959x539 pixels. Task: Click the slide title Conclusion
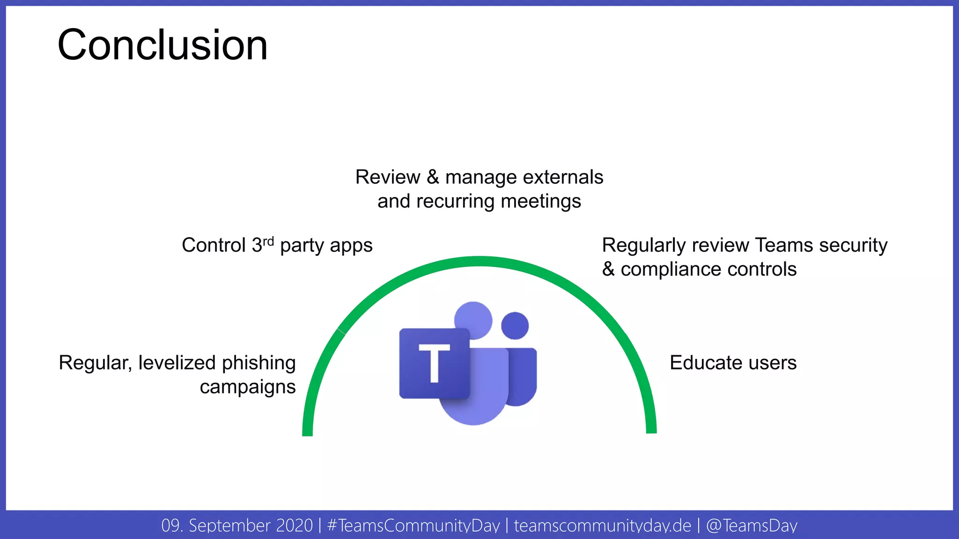pos(162,45)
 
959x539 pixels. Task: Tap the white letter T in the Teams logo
pos(434,363)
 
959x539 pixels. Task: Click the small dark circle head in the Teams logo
pos(515,326)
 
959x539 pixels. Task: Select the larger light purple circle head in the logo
pos(473,320)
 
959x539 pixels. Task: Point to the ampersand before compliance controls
pos(608,269)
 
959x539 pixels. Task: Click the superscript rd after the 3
pos(268,241)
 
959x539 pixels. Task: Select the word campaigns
pos(248,387)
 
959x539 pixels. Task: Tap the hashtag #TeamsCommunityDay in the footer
pos(413,525)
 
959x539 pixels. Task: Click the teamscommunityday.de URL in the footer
pos(602,525)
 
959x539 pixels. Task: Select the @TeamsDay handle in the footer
pos(751,525)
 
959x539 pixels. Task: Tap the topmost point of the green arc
pos(479,262)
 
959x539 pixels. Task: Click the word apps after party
pos(351,246)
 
